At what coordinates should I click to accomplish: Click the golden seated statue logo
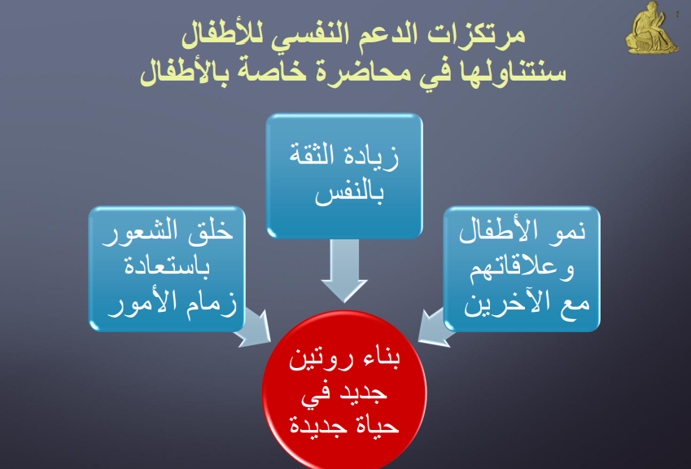651,28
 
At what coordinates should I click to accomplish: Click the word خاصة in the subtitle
273,72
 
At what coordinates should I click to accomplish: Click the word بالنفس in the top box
349,194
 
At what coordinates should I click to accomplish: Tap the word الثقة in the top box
312,156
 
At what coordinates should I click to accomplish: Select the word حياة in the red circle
380,426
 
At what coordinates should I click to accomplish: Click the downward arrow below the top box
344,270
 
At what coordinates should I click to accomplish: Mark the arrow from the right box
435,327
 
